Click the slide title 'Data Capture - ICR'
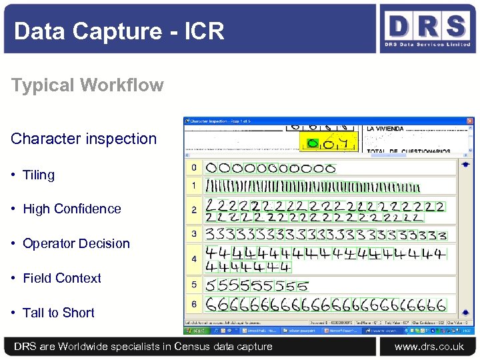[x=119, y=31]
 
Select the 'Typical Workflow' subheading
[x=87, y=85]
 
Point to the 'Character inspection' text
[x=83, y=139]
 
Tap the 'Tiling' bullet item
[x=39, y=175]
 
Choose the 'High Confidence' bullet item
[x=71, y=209]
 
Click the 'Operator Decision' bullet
[x=76, y=243]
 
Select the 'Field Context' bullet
[x=62, y=278]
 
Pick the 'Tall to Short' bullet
[x=59, y=313]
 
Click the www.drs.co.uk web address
[x=429, y=347]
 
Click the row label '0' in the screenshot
[x=193, y=168]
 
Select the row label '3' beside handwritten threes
[x=194, y=234]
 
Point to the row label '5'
[x=194, y=285]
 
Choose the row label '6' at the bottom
[x=194, y=304]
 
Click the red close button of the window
[x=471, y=121]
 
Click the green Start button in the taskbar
[x=196, y=330]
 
